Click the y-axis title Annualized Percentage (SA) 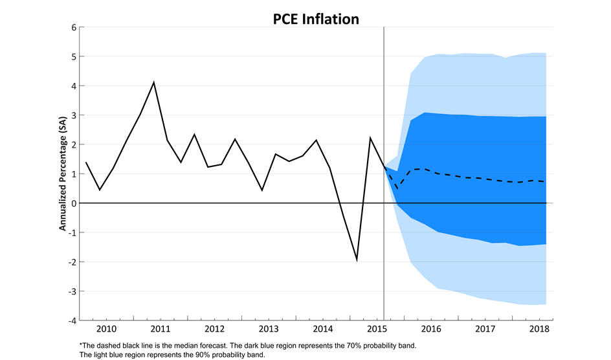click(x=63, y=174)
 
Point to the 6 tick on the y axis click(x=74, y=28)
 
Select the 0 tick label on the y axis click(x=74, y=203)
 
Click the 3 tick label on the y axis click(x=74, y=115)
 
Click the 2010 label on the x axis click(x=106, y=330)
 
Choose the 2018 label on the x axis click(x=539, y=330)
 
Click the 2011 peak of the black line click(x=153, y=82)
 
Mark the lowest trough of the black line click(x=357, y=260)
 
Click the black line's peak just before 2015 click(x=370, y=137)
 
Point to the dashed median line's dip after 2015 click(x=397, y=188)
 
